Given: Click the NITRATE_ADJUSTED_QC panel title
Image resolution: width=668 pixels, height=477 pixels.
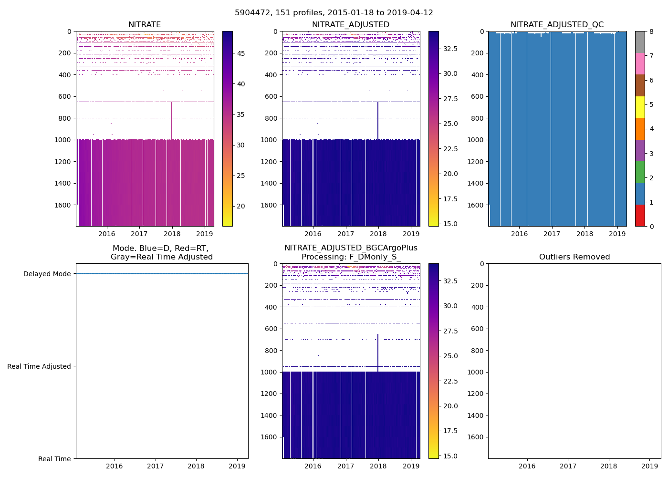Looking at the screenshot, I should click(x=557, y=25).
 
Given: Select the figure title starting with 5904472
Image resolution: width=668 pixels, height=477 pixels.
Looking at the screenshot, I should click(x=334, y=13).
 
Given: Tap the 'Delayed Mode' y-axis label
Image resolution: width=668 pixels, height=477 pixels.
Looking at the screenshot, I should click(x=47, y=274).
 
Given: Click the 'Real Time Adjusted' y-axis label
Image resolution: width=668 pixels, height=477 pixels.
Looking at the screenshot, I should click(x=39, y=366).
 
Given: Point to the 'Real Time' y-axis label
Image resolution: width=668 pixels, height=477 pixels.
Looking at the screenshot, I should click(x=54, y=459).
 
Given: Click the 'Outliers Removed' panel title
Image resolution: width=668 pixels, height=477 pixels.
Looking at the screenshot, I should click(x=574, y=257).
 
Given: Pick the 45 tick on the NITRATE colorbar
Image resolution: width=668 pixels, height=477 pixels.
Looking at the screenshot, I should click(x=241, y=53).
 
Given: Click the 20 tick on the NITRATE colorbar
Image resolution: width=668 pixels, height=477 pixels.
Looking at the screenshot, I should click(x=241, y=206).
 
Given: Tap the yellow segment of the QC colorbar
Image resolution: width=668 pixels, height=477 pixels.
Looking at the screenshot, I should click(x=640, y=107).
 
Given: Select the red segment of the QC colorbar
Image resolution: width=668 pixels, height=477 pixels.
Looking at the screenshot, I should click(x=640, y=215).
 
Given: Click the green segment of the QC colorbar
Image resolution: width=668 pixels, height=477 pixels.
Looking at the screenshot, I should click(x=640, y=172).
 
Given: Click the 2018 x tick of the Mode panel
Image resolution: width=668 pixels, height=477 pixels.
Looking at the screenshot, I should click(x=196, y=466).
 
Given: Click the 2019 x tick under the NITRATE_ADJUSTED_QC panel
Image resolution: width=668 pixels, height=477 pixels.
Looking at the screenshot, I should click(x=617, y=234).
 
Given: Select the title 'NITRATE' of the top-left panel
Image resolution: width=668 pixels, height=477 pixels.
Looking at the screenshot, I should click(x=145, y=25).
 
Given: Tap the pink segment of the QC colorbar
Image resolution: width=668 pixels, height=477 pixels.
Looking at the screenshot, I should click(x=640, y=63).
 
